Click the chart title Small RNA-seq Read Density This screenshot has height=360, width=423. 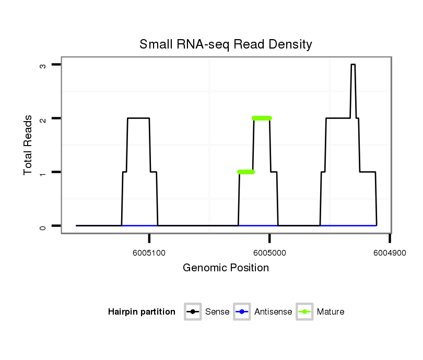[226, 44]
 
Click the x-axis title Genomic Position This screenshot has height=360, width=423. [226, 268]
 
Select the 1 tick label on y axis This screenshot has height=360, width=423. [42, 172]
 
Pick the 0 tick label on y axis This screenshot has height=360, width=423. [42, 226]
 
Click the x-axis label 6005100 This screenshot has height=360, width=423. [149, 253]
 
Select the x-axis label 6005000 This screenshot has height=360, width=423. [269, 253]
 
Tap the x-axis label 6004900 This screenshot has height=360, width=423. [390, 253]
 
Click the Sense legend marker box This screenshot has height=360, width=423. [193, 312]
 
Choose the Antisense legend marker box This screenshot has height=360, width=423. [242, 312]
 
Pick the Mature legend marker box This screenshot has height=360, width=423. [304, 312]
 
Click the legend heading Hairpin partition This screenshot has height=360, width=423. [142, 312]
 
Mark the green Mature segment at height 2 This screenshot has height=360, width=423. [262, 118]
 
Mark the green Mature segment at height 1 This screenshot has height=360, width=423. [246, 172]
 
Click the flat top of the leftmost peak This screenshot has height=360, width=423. [138, 118]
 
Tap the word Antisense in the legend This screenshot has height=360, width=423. [273, 312]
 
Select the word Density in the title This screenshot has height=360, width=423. [290, 44]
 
